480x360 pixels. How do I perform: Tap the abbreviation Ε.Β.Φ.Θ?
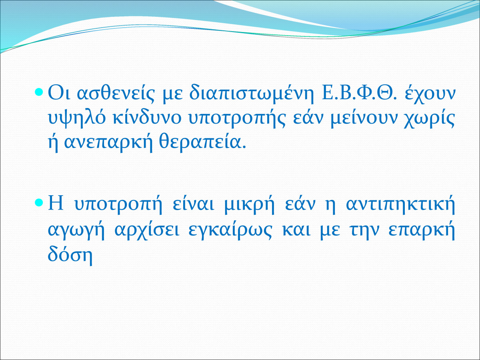point(359,93)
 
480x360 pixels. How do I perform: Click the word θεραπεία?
point(202,143)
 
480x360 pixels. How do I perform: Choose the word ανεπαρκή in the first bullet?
point(108,143)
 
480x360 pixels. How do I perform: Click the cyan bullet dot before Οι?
point(39,92)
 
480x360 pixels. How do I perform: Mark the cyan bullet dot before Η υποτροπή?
point(39,203)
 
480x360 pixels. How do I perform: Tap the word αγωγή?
point(76,231)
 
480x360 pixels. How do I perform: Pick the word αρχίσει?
point(147,231)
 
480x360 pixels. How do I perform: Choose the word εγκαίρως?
point(230,231)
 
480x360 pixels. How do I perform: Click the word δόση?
point(70,256)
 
